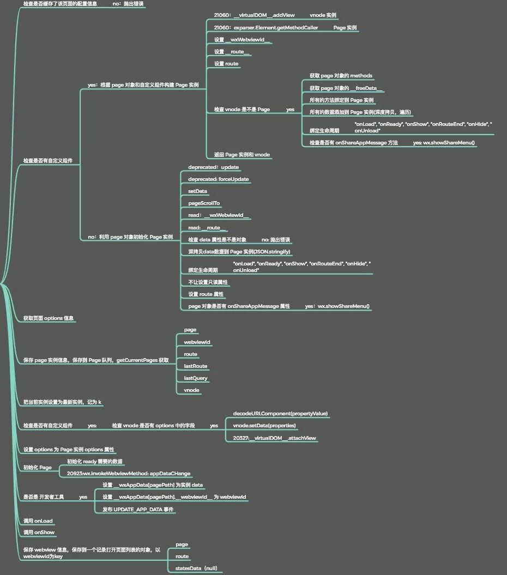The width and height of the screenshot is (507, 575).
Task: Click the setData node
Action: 197,191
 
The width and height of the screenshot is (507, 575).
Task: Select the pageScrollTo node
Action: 204,203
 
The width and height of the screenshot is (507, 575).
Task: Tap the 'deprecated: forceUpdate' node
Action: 219,179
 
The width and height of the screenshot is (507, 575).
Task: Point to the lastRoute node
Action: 195,366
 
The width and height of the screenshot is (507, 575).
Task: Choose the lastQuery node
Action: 196,378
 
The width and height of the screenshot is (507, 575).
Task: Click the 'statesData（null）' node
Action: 196,568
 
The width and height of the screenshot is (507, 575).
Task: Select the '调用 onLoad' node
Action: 38,521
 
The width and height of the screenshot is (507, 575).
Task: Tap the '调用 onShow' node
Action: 39,532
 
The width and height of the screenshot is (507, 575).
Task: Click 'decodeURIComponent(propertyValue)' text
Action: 280,414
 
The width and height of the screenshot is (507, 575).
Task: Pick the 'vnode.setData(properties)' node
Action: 264,426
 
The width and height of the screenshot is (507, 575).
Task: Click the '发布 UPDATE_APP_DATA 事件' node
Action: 138,509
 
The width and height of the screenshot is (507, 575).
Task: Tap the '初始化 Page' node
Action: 38,468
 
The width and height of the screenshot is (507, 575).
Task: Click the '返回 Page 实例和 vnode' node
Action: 242,155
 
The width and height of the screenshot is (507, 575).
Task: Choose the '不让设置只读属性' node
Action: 208,282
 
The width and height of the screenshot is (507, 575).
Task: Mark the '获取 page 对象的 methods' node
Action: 341,76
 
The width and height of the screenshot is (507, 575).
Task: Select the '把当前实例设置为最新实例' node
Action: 62,402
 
